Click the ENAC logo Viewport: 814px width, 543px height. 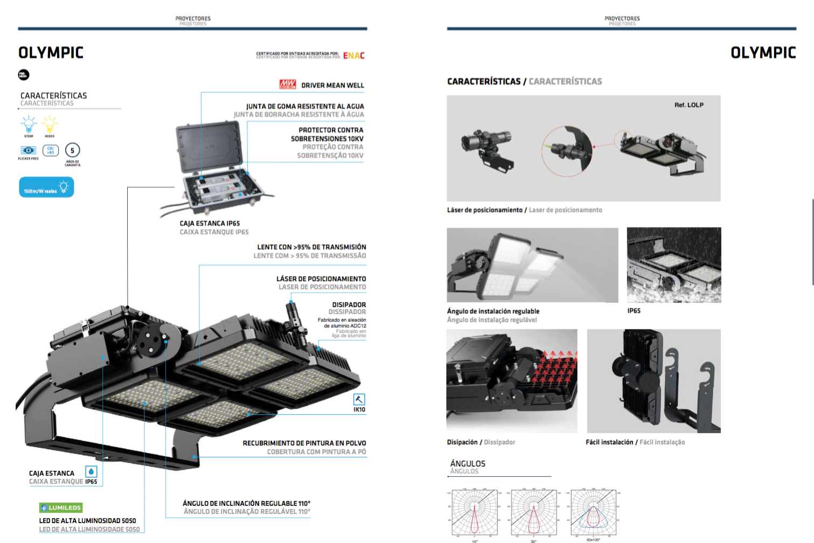354,55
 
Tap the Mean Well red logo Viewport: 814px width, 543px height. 288,84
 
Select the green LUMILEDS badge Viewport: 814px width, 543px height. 61,507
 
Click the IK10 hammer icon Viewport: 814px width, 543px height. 359,399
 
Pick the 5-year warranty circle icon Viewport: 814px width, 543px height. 72,150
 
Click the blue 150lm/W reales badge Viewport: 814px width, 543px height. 46,187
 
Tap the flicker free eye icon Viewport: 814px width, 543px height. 29,150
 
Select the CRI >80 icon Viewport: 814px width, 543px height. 51,150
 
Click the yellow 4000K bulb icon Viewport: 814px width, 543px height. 50,124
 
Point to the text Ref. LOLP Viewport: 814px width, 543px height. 688,105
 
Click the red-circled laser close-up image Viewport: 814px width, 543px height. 567,151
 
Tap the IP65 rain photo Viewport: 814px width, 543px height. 673,265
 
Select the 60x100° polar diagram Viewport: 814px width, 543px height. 593,512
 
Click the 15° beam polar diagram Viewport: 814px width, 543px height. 475,512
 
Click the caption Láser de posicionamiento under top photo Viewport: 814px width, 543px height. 484,210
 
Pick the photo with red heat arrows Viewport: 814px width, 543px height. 512,381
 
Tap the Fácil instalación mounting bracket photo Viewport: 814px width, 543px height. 653,381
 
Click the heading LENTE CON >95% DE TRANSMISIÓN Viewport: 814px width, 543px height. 311,247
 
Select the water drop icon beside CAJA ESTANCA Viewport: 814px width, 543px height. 91,472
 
